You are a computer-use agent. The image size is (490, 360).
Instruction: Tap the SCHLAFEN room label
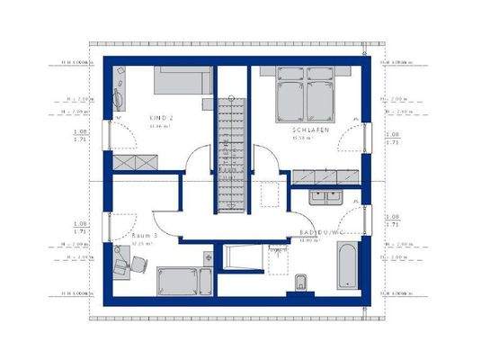pyautogui.click(x=308, y=130)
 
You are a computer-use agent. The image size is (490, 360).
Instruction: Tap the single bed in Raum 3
pyautogui.click(x=179, y=282)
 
